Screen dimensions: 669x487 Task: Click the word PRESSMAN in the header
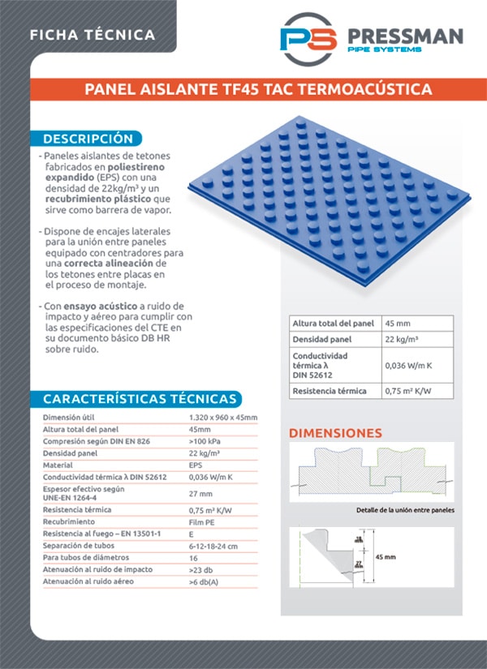pos(404,36)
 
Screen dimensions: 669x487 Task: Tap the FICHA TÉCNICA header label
pos(92,35)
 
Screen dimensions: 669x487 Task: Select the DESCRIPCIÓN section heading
pos(88,139)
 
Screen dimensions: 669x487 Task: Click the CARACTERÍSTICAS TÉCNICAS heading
pos(140,399)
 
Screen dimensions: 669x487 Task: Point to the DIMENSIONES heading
pos(335,433)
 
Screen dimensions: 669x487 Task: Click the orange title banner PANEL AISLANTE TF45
pos(258,89)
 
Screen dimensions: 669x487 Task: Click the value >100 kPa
pos(205,441)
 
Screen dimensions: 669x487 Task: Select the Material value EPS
pos(196,465)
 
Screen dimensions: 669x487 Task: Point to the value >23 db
pos(202,570)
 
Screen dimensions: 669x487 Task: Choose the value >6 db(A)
pos(204,582)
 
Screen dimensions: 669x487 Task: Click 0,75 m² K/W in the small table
pos(407,392)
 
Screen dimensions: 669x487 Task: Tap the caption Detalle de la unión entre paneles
pos(405,510)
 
